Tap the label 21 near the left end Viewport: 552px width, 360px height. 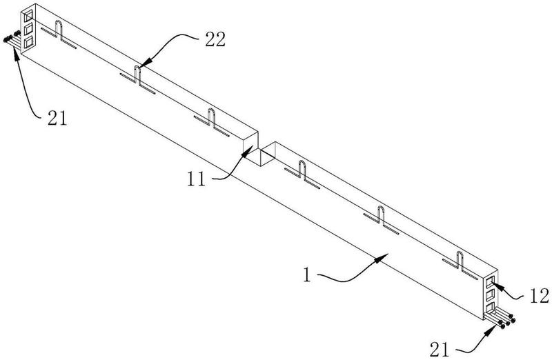pyautogui.click(x=57, y=119)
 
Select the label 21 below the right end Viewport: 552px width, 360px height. pyautogui.click(x=440, y=350)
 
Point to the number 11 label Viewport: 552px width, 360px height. pyautogui.click(x=196, y=179)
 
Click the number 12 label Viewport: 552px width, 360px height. pyautogui.click(x=540, y=296)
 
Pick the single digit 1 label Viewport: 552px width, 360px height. pyautogui.click(x=307, y=275)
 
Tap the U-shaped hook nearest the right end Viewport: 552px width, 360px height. pyautogui.click(x=460, y=261)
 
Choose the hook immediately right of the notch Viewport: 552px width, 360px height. pyautogui.click(x=302, y=170)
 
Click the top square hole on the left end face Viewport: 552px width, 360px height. pyautogui.click(x=28, y=15)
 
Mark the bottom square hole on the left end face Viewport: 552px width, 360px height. pyautogui.click(x=28, y=41)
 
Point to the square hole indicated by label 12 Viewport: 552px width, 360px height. pyautogui.click(x=491, y=282)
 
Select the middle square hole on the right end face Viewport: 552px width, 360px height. pyautogui.click(x=491, y=295)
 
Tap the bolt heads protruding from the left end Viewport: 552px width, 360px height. pyautogui.click(x=10, y=37)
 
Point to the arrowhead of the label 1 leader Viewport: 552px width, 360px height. pyautogui.click(x=383, y=258)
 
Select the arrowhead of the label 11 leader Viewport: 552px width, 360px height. pyautogui.click(x=248, y=150)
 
